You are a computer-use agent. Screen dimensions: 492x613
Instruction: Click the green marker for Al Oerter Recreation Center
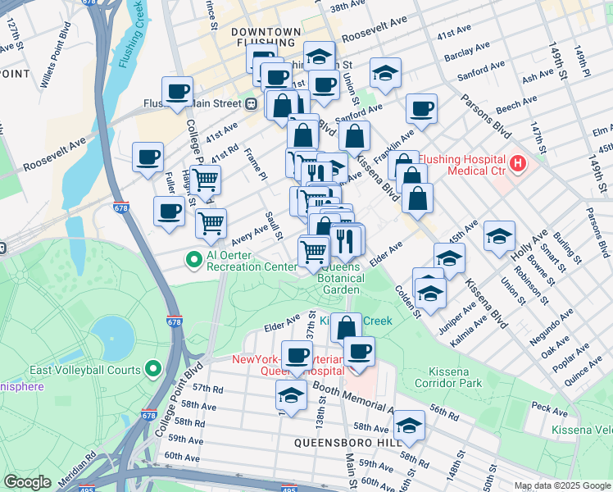pyautogui.click(x=194, y=261)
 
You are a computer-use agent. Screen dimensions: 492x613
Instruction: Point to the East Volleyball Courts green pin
pyautogui.click(x=153, y=369)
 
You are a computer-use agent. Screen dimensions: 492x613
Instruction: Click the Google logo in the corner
pyautogui.click(x=27, y=482)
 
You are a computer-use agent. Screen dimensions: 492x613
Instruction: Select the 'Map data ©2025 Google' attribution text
pyautogui.click(x=562, y=485)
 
